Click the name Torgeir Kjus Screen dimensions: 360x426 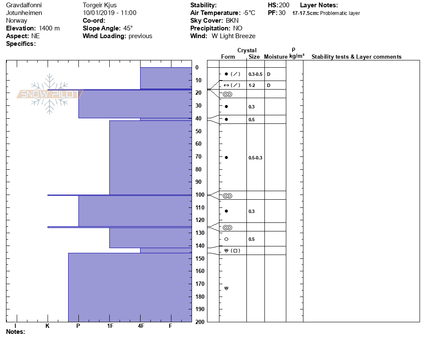[99, 5]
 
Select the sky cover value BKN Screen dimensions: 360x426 [232, 21]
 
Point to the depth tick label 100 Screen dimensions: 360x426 [200, 195]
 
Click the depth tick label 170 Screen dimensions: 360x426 [200, 284]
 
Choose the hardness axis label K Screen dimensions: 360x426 [48, 326]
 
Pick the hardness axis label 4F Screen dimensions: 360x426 [141, 326]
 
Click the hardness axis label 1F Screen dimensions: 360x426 [110, 326]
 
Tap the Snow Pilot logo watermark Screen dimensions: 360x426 [49, 94]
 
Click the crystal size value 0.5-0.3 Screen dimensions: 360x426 [255, 158]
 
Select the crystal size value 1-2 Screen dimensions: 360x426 [252, 85]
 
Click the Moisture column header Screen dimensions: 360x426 [276, 57]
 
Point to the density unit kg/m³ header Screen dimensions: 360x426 [297, 56]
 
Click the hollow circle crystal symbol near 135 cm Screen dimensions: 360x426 [226, 239]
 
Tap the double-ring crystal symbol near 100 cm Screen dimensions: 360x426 [227, 196]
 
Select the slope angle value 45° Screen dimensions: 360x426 [126, 28]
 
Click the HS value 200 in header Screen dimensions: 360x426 [284, 5]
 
